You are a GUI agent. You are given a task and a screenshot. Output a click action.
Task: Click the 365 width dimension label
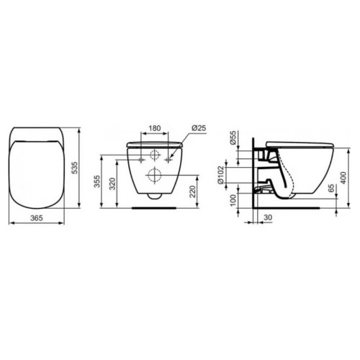tap(37, 218)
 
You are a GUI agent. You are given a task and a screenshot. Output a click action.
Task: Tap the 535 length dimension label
tap(75, 168)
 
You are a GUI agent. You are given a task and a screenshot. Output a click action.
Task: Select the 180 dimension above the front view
tap(155, 128)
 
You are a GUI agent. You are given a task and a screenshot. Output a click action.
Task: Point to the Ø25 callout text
tap(199, 128)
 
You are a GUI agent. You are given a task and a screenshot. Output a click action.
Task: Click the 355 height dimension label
tap(96, 181)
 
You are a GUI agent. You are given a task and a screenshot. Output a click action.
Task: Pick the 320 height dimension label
tap(113, 184)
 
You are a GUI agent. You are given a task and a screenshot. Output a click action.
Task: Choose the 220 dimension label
tap(193, 192)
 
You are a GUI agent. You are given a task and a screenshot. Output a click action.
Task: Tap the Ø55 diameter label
tap(233, 138)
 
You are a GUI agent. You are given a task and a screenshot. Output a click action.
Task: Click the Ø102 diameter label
tap(220, 175)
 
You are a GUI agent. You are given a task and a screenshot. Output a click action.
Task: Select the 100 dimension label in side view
tap(233, 200)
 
